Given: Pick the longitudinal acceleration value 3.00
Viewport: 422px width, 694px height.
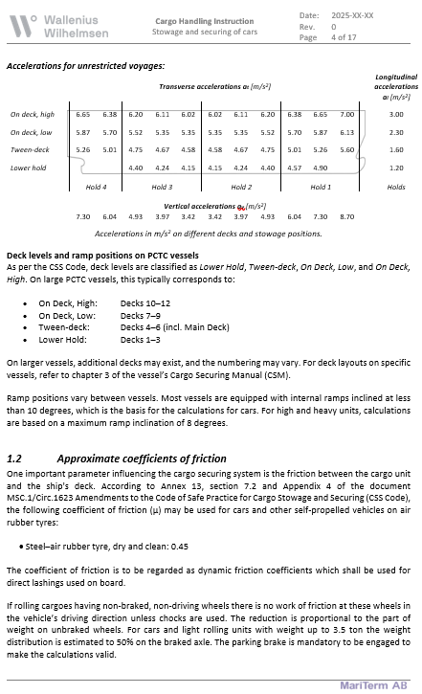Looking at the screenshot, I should click(396, 114).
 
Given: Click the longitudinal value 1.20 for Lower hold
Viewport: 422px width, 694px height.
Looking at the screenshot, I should click(396, 168).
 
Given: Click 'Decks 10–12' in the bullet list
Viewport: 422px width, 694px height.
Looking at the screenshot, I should click(144, 302).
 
